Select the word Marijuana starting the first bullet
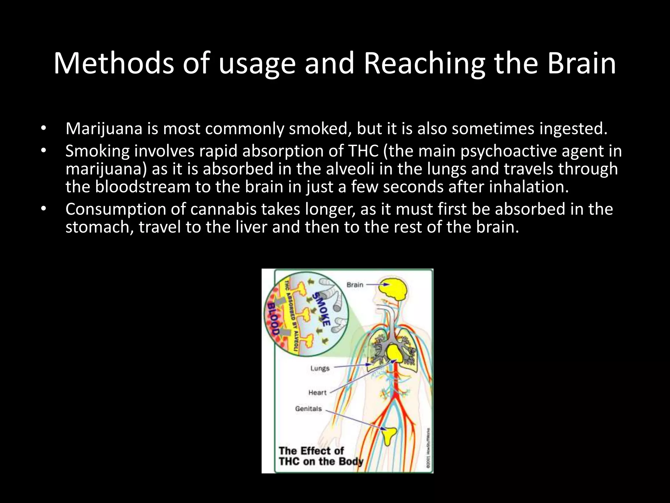104,129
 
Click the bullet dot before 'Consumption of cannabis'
44,209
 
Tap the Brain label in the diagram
355,285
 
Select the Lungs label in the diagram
320,368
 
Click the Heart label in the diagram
317,392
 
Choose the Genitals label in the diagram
309,409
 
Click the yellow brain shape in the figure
394,289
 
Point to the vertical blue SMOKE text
321,309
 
